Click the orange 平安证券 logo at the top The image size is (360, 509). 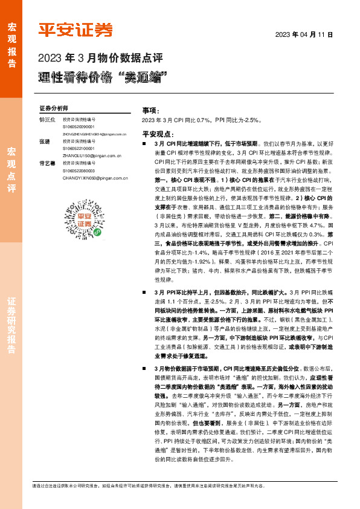(x=76, y=28)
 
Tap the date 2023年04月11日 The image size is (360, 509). (x=304, y=35)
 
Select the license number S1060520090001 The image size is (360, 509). (x=79, y=127)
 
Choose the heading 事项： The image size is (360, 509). (x=150, y=111)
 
